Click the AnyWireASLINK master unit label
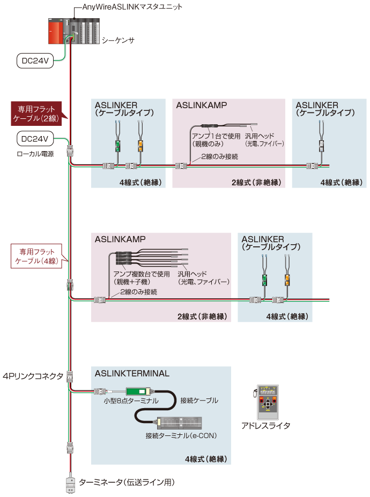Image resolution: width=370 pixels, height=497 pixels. [x=132, y=7]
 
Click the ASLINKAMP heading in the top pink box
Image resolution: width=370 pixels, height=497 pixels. [x=202, y=105]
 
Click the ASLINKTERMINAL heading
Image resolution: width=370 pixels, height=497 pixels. [x=132, y=373]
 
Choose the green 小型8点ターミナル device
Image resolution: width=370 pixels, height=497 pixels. [x=140, y=391]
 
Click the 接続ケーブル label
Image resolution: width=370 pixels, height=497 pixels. [x=199, y=400]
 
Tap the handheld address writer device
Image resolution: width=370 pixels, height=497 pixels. [x=267, y=402]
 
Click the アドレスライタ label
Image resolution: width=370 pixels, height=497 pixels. [x=265, y=426]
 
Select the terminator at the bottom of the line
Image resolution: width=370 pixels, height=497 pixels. [x=70, y=483]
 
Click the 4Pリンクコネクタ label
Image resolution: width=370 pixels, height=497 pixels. [x=33, y=376]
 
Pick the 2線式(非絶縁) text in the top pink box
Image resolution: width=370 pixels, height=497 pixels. [x=256, y=183]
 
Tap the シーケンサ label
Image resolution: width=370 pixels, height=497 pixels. [x=118, y=40]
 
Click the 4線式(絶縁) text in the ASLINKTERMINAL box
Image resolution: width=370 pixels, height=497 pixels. [x=205, y=459]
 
